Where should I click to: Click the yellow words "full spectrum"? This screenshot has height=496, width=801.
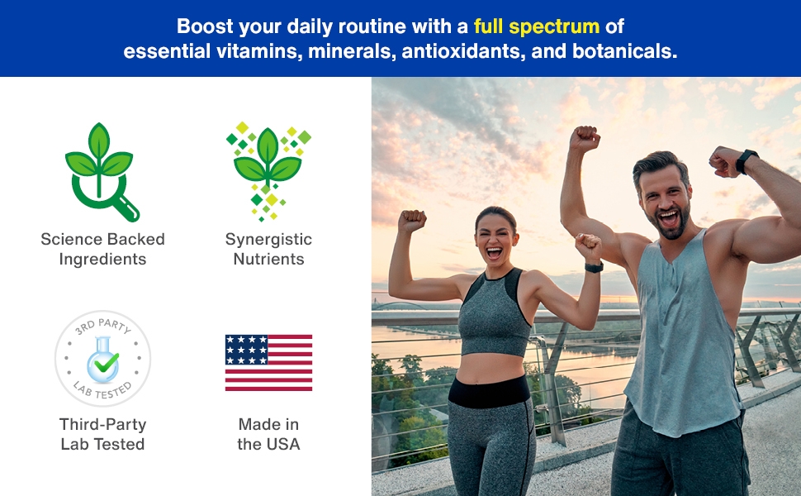537,26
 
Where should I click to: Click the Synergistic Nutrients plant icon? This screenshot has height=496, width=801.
268,171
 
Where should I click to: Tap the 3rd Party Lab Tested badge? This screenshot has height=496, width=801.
102,359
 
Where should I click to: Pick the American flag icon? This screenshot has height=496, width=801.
268,363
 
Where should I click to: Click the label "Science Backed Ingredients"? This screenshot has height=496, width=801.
102,249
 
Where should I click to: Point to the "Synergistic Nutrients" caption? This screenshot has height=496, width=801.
268,249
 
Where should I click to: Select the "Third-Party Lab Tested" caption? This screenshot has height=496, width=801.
102,434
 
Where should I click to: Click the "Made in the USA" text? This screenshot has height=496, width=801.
268,434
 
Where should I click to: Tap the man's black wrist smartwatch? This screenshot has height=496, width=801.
746,161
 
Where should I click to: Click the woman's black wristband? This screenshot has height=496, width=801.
594,267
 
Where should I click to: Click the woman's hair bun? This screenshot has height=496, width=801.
494,212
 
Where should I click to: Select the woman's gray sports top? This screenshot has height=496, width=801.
493,312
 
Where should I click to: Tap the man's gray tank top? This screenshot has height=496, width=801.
681,337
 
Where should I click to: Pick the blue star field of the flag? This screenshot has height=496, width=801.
247,350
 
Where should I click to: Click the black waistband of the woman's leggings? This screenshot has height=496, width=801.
490,391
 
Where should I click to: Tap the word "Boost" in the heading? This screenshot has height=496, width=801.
205,26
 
